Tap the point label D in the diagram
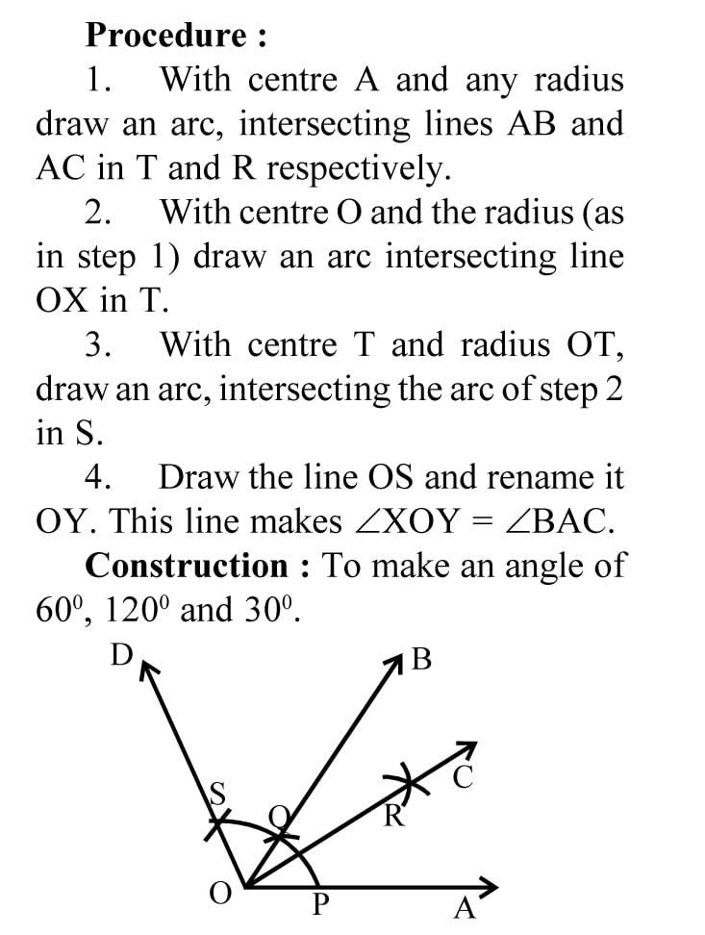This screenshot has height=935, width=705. pos(121,656)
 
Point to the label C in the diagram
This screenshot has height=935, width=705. pos(463,778)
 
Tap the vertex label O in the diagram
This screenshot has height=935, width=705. pos(220,895)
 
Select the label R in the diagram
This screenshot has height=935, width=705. pos(393,819)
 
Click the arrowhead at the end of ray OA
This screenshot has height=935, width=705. pos(491,887)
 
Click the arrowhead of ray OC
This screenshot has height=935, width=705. pos(467,750)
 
